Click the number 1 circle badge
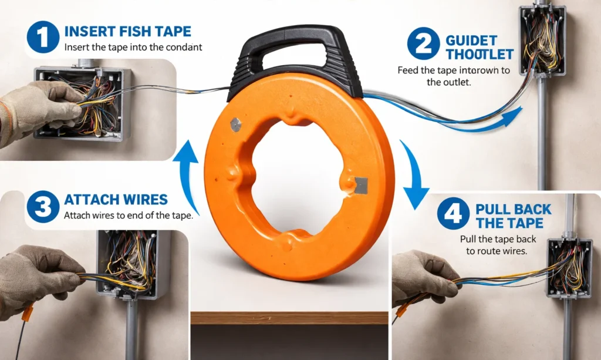(x=43, y=37)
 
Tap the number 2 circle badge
(x=423, y=43)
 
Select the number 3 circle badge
(x=43, y=206)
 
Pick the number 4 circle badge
(x=453, y=213)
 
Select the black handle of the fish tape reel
(x=295, y=58)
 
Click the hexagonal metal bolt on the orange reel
(x=236, y=125)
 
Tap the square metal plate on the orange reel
(x=361, y=185)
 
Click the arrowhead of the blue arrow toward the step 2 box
(x=513, y=116)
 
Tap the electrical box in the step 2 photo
(x=542, y=41)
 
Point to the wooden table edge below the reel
(x=289, y=318)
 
